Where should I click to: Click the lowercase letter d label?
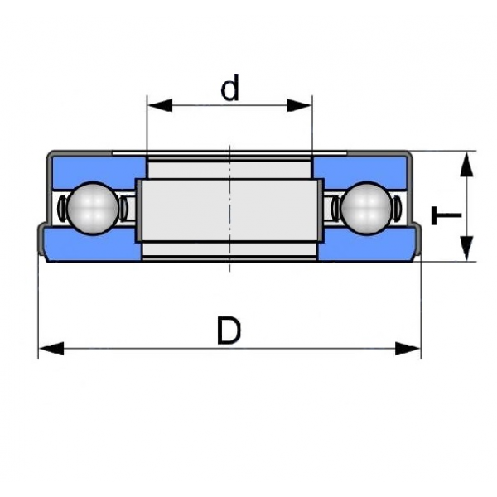point(229,87)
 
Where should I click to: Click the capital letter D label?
point(229,331)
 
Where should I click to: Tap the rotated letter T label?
point(446,215)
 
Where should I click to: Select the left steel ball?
point(93,208)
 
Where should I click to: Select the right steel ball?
point(366,208)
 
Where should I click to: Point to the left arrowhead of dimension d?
point(160,105)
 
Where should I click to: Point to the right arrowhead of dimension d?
point(299,105)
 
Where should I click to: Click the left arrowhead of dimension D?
point(51,349)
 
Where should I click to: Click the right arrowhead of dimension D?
point(408,349)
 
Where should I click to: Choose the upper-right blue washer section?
point(360,172)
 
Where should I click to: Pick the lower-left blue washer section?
point(93,244)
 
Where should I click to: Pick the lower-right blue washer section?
point(366,244)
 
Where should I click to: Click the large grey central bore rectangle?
point(229,210)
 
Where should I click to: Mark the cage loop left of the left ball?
point(62,208)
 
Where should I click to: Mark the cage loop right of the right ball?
point(397,208)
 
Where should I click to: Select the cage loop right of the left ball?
point(123,208)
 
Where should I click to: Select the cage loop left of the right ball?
point(335,208)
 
